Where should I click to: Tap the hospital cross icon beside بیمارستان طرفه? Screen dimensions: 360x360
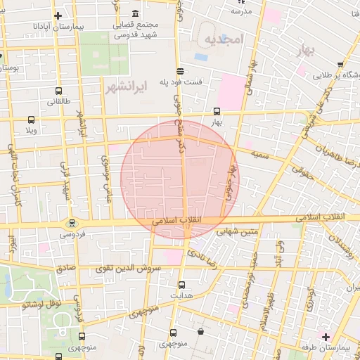coord(324,335)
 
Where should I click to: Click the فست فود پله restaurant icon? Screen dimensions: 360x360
coord(181,71)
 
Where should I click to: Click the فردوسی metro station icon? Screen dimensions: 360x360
coord(70,223)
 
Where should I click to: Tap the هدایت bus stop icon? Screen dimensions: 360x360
coord(182,285)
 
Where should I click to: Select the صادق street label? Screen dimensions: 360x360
coord(65,268)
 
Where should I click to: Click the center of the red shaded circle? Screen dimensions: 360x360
coord(180,179)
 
